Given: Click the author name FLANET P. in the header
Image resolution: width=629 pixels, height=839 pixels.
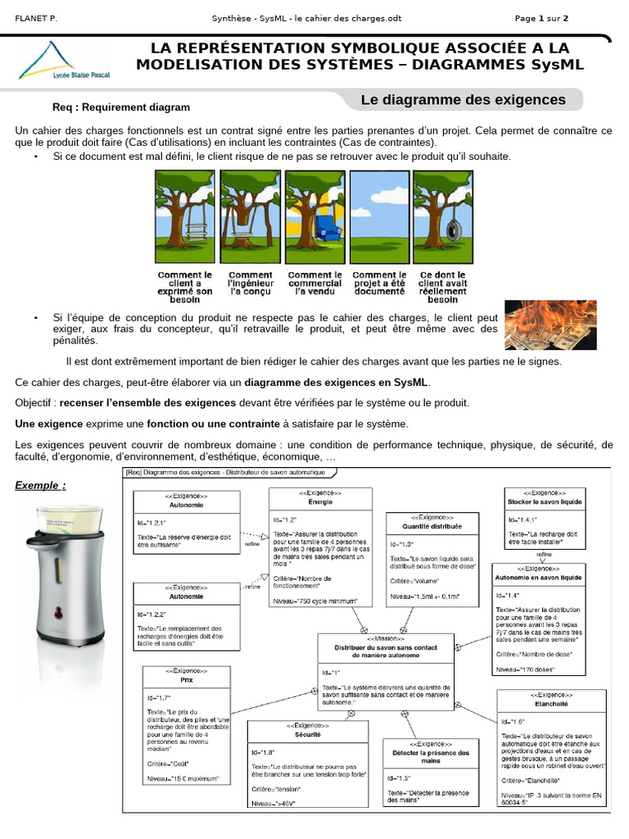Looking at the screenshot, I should (37, 18).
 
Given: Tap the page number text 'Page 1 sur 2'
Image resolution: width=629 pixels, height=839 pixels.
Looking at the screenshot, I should (541, 18).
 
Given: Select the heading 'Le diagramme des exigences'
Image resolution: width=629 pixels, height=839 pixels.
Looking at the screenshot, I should (464, 100).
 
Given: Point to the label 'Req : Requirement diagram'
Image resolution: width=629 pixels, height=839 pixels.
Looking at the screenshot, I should (121, 107).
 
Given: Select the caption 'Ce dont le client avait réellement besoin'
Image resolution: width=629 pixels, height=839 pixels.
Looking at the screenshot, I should (443, 288).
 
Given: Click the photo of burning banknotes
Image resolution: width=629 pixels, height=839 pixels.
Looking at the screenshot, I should (550, 325).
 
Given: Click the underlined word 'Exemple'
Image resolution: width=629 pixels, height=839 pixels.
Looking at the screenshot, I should (38, 485).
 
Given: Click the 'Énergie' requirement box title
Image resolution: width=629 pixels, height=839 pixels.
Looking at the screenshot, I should (320, 501).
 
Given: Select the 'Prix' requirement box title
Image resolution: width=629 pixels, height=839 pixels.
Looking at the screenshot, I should (186, 679).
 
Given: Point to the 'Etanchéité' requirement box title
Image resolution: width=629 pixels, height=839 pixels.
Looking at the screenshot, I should (551, 703).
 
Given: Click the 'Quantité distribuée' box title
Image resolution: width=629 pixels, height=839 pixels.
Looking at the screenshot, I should (432, 527).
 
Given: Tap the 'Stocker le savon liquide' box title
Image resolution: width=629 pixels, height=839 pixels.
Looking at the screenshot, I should (544, 500).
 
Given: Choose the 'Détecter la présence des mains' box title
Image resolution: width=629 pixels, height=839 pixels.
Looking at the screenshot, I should (431, 756).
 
